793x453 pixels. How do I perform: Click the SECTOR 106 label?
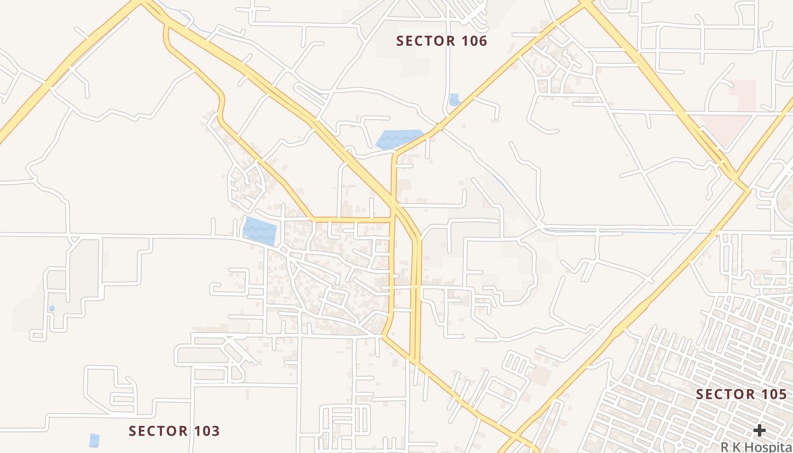pos(441,41)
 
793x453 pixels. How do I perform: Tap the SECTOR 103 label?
pos(174,431)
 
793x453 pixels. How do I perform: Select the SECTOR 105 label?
pos(741,394)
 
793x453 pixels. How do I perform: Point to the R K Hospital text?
pos(757,447)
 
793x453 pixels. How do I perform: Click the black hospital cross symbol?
pos(759,430)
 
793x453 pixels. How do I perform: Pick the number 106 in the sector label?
pos(474,41)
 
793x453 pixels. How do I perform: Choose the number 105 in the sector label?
pos(774,394)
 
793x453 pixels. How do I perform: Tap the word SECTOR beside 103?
pos(156,431)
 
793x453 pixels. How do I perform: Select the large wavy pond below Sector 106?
pos(398,139)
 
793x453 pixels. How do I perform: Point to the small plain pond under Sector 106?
pos(454,100)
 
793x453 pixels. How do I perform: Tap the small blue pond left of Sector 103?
pos(94,440)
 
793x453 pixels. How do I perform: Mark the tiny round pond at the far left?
pos(52,309)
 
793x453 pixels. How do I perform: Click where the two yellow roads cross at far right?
pos(737,177)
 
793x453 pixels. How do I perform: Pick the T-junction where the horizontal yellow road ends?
pos(392,218)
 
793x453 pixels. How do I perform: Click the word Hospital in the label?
pos(770,447)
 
